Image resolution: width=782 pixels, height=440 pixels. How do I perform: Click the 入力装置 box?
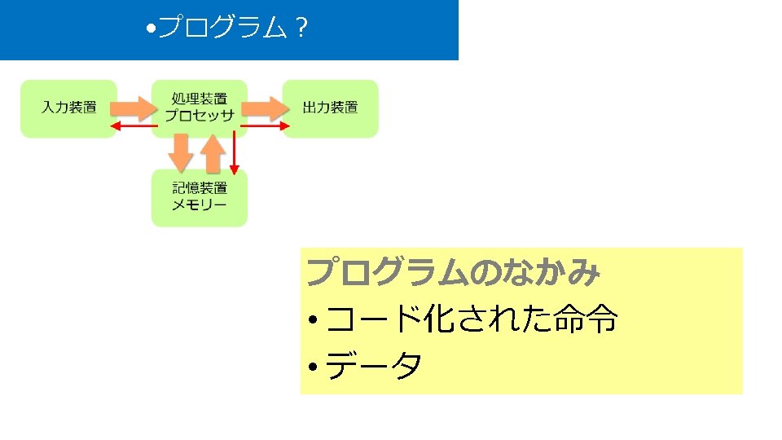pyautogui.click(x=68, y=108)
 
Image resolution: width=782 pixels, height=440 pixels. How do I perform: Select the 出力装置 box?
pyautogui.click(x=330, y=108)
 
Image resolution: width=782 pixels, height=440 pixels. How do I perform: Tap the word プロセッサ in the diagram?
pyautogui.click(x=199, y=116)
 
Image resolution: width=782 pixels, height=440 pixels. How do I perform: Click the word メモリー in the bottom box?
pyautogui.click(x=199, y=205)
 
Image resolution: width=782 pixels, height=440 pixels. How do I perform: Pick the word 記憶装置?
pyautogui.click(x=199, y=189)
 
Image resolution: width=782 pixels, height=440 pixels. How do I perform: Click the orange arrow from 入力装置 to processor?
pyautogui.click(x=134, y=107)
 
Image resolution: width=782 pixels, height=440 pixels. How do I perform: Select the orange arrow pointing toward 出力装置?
pyautogui.click(x=265, y=107)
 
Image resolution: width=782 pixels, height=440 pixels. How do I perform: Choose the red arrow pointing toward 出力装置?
pyautogui.click(x=266, y=125)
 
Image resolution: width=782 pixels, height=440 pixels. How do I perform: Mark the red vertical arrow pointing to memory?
pyautogui.click(x=235, y=151)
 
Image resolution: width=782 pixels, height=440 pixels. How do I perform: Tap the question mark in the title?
pyautogui.click(x=301, y=29)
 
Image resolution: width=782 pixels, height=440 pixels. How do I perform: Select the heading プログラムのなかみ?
pyautogui.click(x=453, y=272)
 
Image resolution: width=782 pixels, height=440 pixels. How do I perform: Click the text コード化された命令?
pyautogui.click(x=472, y=320)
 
